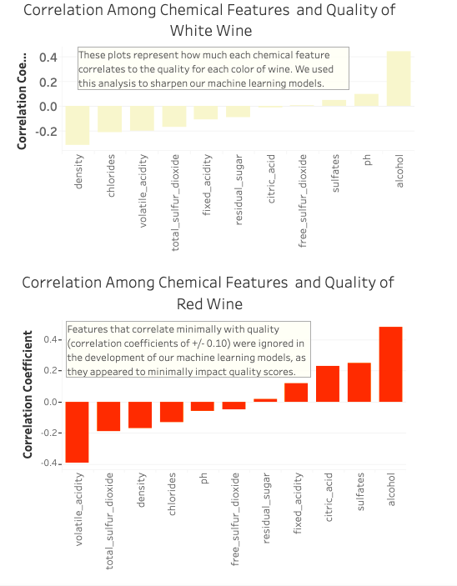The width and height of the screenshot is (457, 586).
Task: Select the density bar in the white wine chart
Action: point(78,125)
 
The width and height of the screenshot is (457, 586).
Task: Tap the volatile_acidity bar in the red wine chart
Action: point(78,432)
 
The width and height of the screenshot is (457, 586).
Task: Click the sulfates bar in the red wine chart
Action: point(359,383)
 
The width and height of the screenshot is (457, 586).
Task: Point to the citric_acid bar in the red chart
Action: point(328,384)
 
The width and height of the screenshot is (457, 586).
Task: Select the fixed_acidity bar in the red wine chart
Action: point(296,393)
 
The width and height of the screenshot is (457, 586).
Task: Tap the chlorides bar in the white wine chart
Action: point(109,119)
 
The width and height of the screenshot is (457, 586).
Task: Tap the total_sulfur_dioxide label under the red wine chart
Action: point(109,521)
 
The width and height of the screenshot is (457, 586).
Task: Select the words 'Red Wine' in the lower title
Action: point(209,303)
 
